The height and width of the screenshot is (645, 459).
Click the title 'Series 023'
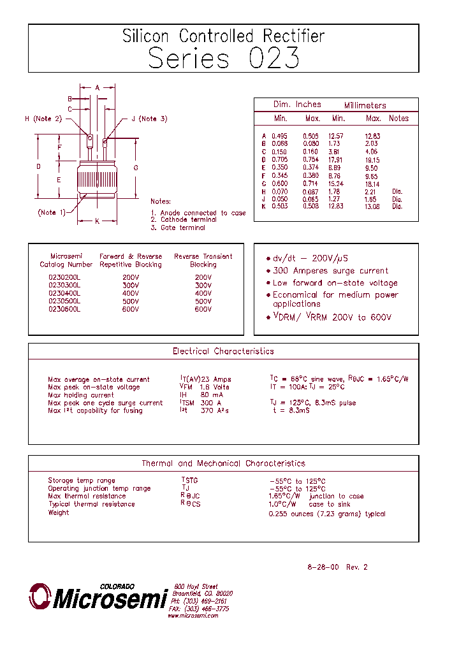tap(223, 58)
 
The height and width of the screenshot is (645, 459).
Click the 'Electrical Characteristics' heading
tap(223, 351)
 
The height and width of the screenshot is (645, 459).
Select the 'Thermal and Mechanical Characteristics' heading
tap(223, 463)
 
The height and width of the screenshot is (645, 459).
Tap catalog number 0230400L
tap(64, 293)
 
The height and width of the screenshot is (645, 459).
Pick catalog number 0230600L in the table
tap(64, 308)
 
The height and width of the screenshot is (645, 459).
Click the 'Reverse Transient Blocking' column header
tap(203, 260)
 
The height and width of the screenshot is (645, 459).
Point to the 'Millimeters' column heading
tap(365, 105)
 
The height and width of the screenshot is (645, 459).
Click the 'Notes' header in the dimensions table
tap(398, 119)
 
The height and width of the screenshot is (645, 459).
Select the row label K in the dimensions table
tap(263, 206)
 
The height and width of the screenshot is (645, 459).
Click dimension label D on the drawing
tap(38, 167)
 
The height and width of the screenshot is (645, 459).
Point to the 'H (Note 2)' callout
tap(43, 119)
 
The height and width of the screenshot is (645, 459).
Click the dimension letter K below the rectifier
tap(97, 222)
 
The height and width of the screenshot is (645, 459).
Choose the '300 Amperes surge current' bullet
tap(330, 271)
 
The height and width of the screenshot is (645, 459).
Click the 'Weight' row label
tap(58, 512)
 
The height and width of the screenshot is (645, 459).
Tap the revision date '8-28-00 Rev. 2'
tap(337, 567)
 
